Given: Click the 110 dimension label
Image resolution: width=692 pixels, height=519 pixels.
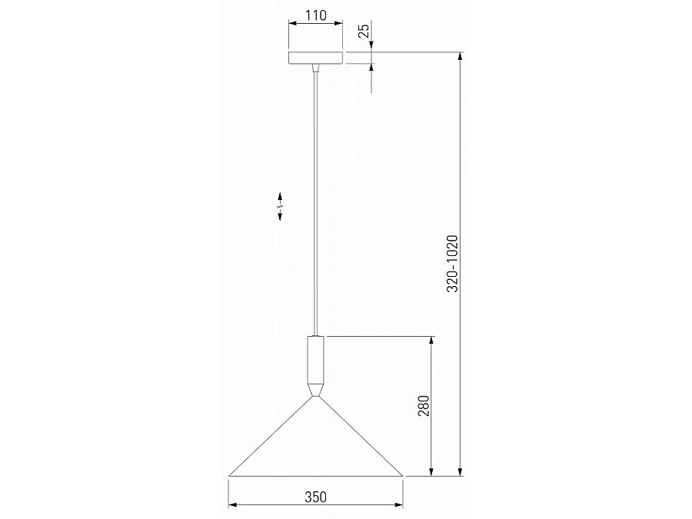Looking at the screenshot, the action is click(x=315, y=15).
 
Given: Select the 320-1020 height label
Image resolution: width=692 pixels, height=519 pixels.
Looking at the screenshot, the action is click(x=453, y=264).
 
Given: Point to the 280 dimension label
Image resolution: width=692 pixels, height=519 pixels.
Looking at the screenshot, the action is click(x=423, y=405).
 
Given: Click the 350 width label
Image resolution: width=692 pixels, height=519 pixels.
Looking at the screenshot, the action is click(x=315, y=497).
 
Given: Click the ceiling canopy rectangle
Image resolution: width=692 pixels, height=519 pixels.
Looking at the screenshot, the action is click(x=315, y=58).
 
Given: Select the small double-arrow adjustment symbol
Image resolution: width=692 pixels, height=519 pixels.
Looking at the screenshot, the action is click(x=280, y=205).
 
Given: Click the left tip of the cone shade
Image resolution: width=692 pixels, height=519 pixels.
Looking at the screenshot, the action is click(x=229, y=476).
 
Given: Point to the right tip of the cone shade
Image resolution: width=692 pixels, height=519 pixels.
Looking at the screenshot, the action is click(x=402, y=476).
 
